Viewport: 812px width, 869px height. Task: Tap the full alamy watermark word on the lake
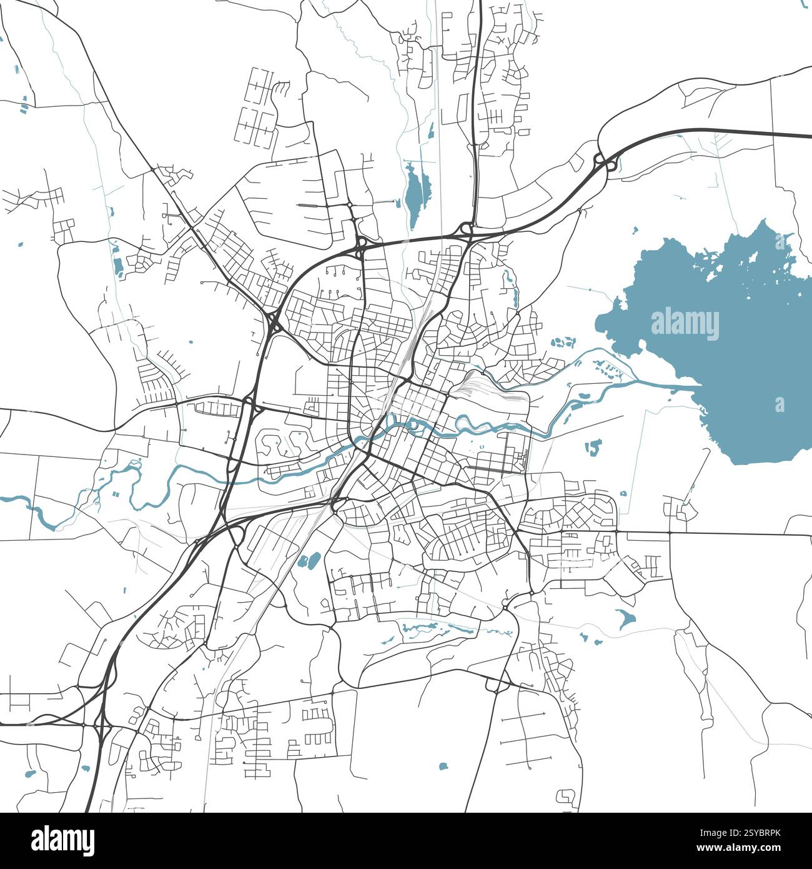pyautogui.click(x=685, y=324)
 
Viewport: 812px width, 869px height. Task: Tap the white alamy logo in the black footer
pyautogui.click(x=63, y=840)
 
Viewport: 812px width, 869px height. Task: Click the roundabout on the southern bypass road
pyautogui.click(x=495, y=686)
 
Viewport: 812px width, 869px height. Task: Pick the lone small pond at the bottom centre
pyautogui.click(x=443, y=766)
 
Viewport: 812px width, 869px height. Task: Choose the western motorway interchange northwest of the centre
pyautogui.click(x=274, y=322)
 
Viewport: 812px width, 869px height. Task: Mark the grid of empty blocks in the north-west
pyautogui.click(x=256, y=106)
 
